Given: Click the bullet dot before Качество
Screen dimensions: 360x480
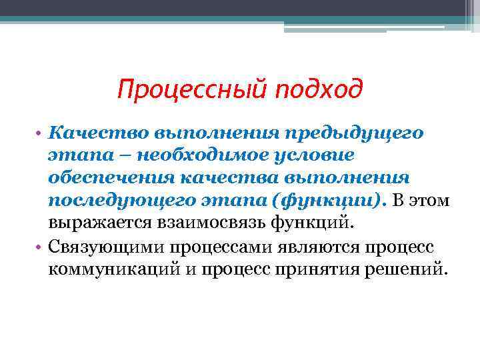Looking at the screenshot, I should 41,133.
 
